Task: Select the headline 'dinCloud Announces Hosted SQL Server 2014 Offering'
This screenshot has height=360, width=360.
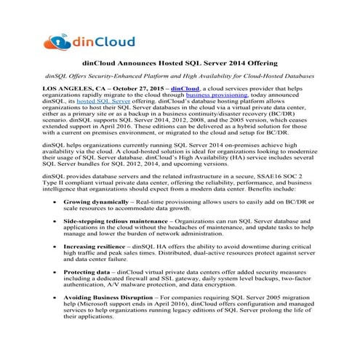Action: [179, 64]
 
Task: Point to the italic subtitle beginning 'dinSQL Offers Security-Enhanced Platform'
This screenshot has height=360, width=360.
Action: [179, 76]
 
